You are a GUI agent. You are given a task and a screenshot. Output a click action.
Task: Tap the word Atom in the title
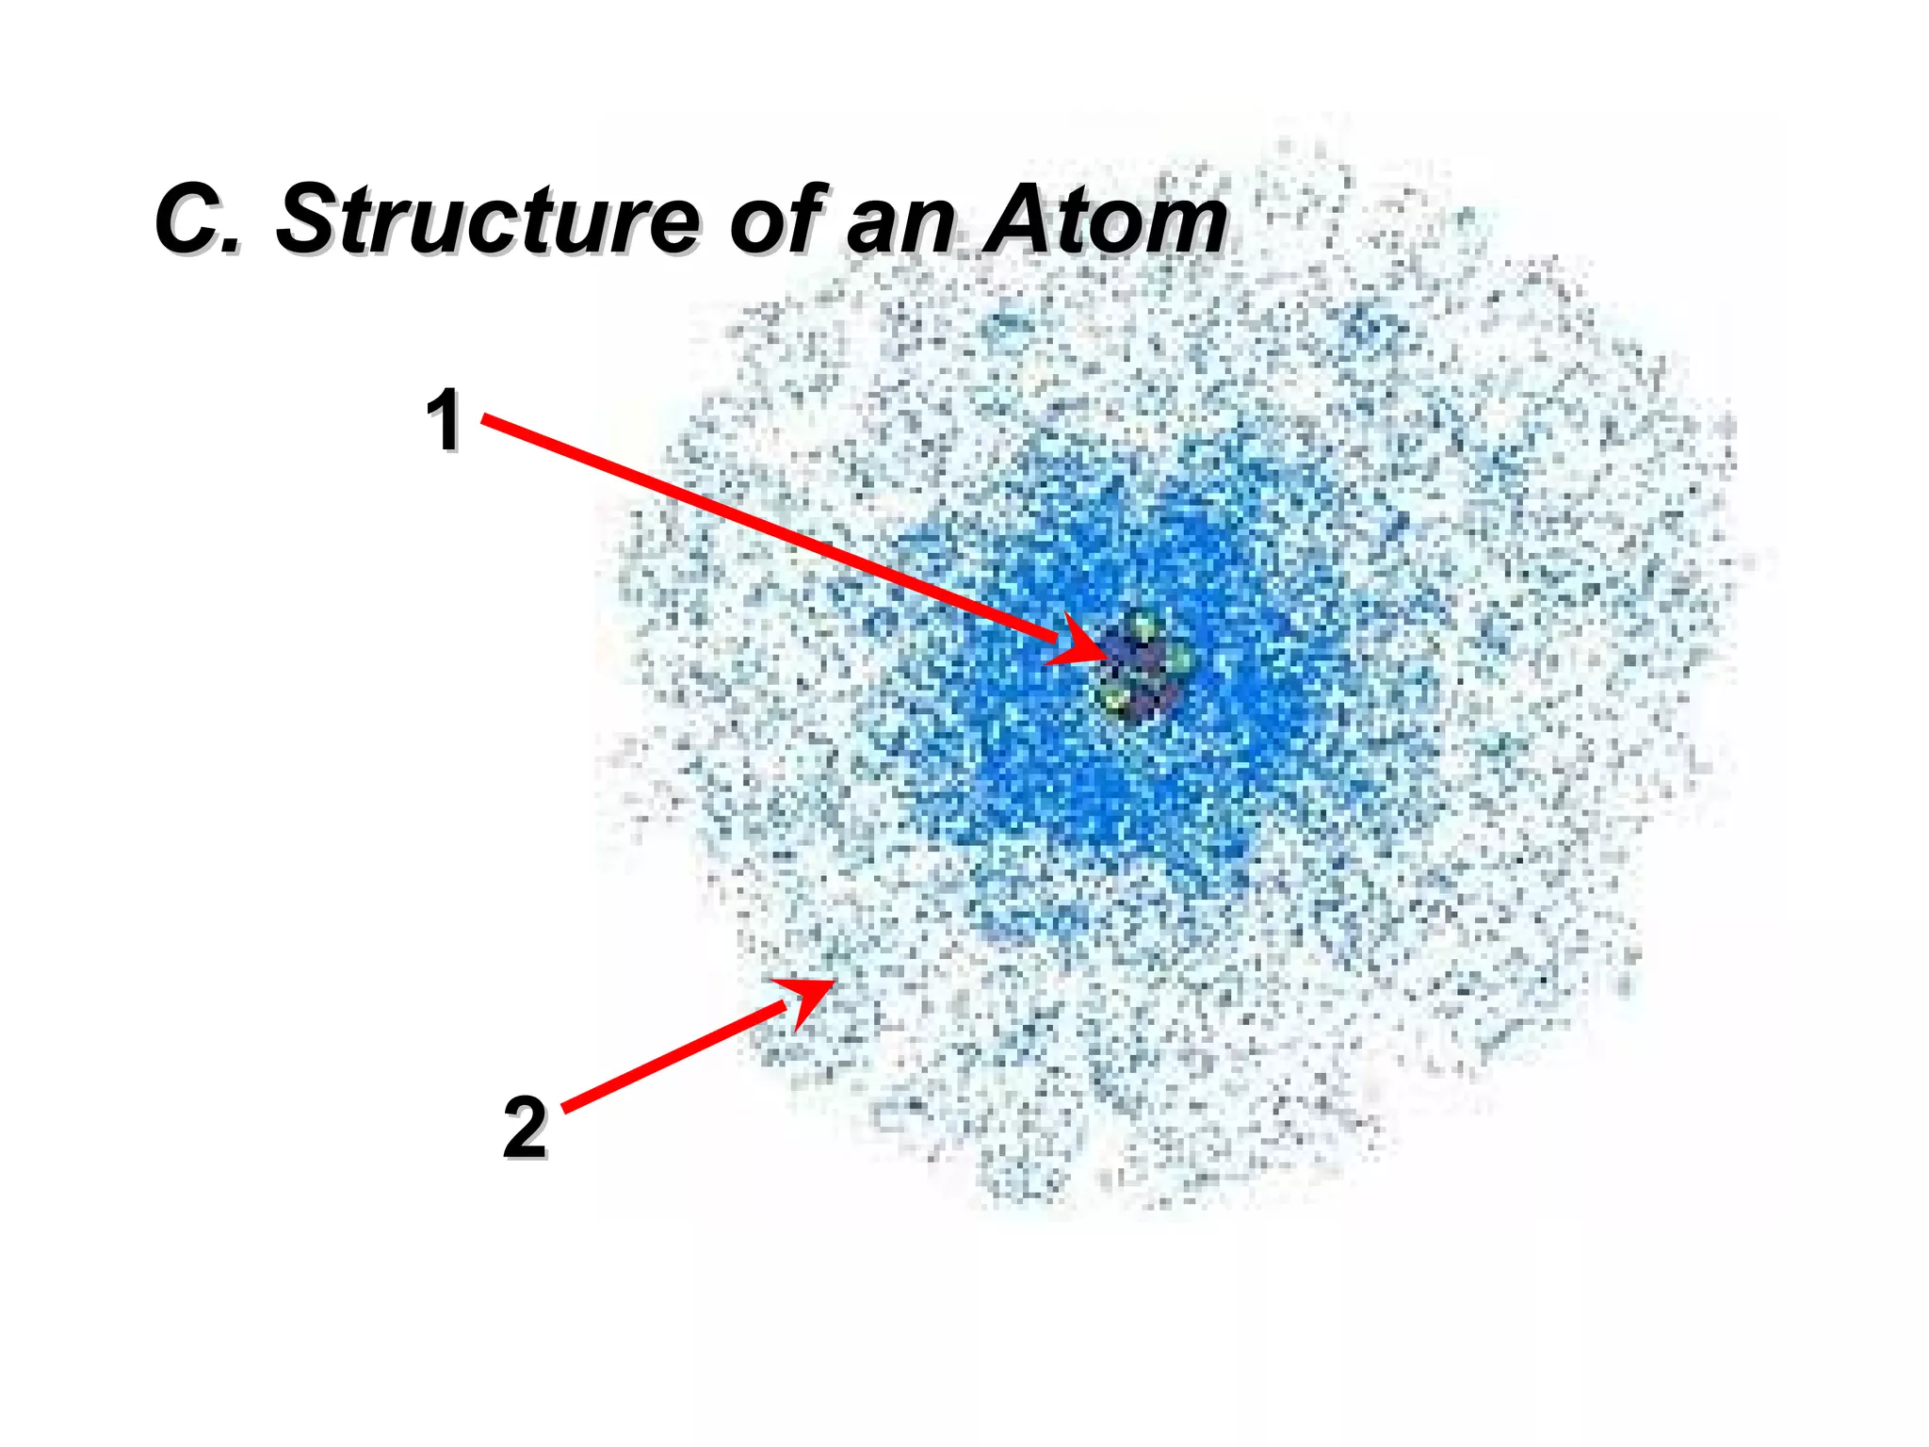(x=1105, y=219)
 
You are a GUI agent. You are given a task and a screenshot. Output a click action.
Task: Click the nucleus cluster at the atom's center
(x=1142, y=667)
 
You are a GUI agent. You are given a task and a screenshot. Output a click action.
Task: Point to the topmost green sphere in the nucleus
(x=1142, y=625)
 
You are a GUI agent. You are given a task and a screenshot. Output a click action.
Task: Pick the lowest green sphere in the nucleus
(x=1115, y=699)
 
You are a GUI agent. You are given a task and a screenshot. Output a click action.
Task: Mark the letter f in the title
(x=808, y=219)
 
